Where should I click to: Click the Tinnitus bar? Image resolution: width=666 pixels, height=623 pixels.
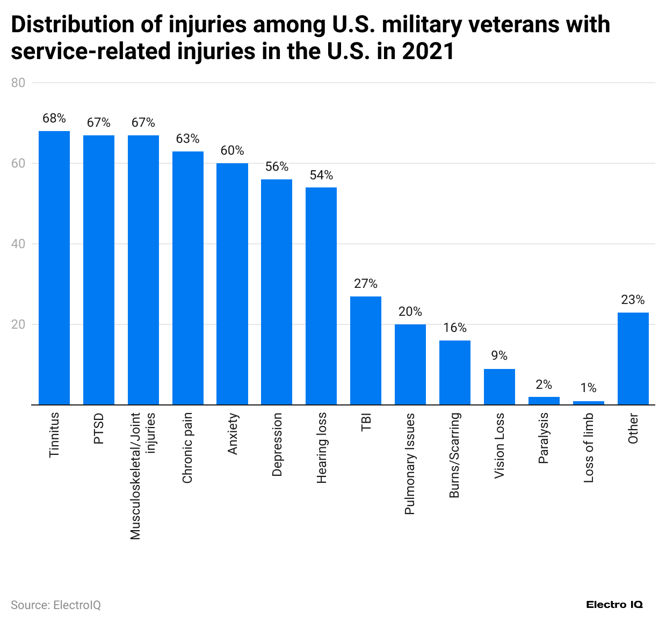(x=54, y=267)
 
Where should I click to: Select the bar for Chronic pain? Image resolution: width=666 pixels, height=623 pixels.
(x=188, y=278)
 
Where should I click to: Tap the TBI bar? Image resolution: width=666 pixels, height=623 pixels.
(x=366, y=350)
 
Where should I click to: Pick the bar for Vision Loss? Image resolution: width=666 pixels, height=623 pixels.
(x=499, y=387)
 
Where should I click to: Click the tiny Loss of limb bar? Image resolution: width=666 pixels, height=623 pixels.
(x=589, y=403)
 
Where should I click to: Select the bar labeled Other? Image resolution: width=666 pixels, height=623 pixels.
(x=633, y=358)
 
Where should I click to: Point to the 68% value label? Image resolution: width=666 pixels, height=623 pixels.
(x=54, y=118)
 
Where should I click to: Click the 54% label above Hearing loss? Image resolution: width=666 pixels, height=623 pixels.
(x=321, y=175)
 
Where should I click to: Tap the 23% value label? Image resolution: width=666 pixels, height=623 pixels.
(x=633, y=300)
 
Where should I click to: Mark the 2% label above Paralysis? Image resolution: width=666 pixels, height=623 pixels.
(x=544, y=385)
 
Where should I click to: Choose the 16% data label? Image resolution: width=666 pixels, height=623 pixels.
(x=455, y=328)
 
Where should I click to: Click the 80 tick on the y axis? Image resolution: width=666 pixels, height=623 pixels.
(x=18, y=83)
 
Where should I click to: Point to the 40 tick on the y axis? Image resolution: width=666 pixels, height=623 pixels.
(x=18, y=244)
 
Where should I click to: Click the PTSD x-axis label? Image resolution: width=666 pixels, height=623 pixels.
(x=99, y=429)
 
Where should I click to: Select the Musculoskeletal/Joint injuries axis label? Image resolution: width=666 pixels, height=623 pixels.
(x=143, y=475)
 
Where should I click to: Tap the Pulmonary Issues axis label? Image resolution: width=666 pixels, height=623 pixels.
(x=410, y=463)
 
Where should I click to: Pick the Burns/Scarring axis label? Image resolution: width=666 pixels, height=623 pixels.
(x=455, y=455)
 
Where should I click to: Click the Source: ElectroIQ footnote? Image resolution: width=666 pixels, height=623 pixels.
(x=56, y=605)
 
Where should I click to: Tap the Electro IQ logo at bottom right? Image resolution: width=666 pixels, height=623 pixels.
(x=614, y=605)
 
